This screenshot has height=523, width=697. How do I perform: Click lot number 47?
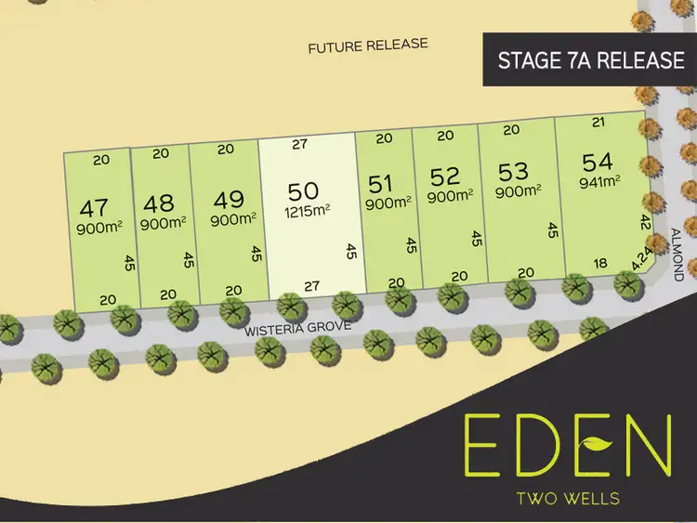point(95,206)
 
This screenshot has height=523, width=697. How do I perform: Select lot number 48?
point(159,203)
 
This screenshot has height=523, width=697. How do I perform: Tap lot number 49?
point(228,200)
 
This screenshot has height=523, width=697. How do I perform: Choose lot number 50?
point(303,190)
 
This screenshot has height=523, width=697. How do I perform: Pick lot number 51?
point(382,182)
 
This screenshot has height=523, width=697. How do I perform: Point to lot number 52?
point(445,176)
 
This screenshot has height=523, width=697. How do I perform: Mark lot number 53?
point(513,170)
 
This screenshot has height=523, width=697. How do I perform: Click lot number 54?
point(597,161)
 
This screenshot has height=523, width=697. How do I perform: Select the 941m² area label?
point(599,181)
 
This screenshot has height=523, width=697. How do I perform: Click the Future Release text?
point(368,45)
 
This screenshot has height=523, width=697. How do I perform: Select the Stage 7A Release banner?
point(591,60)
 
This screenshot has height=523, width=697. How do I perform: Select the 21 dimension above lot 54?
point(598,122)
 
